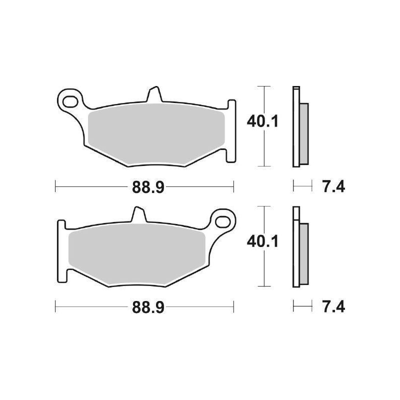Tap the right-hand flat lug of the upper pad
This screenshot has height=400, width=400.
pyautogui.click(x=230, y=130)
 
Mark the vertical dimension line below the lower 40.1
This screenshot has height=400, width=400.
pyautogui.click(x=263, y=270)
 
